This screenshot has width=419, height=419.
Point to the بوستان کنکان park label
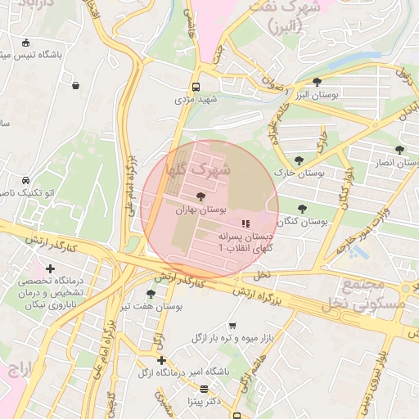tap(302, 222)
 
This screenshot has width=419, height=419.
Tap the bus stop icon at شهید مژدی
tap(196, 86)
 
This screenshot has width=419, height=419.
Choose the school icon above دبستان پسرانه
tap(244, 223)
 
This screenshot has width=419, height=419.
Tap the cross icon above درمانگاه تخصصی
tap(52, 268)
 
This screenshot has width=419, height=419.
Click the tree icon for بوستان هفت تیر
tap(151, 293)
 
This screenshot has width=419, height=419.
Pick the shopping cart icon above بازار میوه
tap(232, 325)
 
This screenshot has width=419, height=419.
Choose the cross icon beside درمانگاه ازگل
tap(161, 360)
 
